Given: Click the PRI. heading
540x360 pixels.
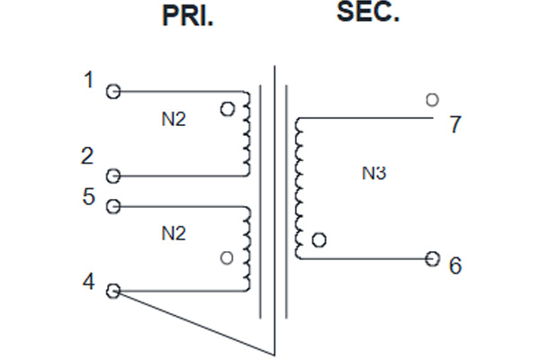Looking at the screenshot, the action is (x=188, y=16).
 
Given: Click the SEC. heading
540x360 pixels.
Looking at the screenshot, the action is (x=368, y=12).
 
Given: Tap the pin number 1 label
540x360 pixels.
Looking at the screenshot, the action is (x=89, y=79).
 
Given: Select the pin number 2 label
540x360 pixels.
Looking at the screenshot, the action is (x=87, y=156).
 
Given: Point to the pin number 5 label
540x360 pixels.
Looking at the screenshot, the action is (x=88, y=197).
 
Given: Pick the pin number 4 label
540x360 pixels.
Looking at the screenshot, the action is (x=88, y=282).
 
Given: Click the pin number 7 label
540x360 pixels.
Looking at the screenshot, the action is (x=455, y=124).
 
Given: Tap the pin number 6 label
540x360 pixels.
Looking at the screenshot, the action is (x=454, y=265).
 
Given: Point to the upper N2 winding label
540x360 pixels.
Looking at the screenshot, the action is (x=174, y=119).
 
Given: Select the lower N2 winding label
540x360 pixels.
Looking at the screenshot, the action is (x=174, y=234).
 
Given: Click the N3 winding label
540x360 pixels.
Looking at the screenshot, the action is (x=374, y=173).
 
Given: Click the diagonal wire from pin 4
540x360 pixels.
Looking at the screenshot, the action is (x=193, y=323).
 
